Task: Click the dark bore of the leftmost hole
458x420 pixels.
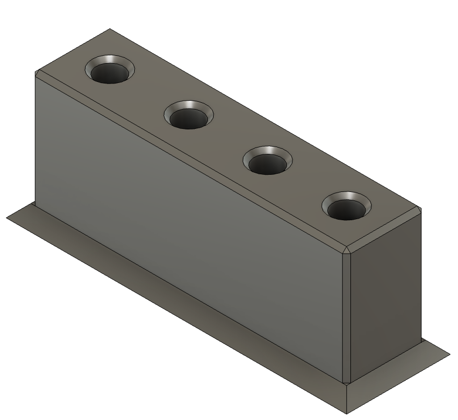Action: pos(110,74)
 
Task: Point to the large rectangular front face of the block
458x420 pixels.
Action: pos(188,224)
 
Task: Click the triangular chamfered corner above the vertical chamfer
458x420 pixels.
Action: pos(346,250)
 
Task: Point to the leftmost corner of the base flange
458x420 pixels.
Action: pos(7,217)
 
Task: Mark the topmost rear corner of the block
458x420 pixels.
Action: pos(109,29)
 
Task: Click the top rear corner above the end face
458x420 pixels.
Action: pos(420,209)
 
